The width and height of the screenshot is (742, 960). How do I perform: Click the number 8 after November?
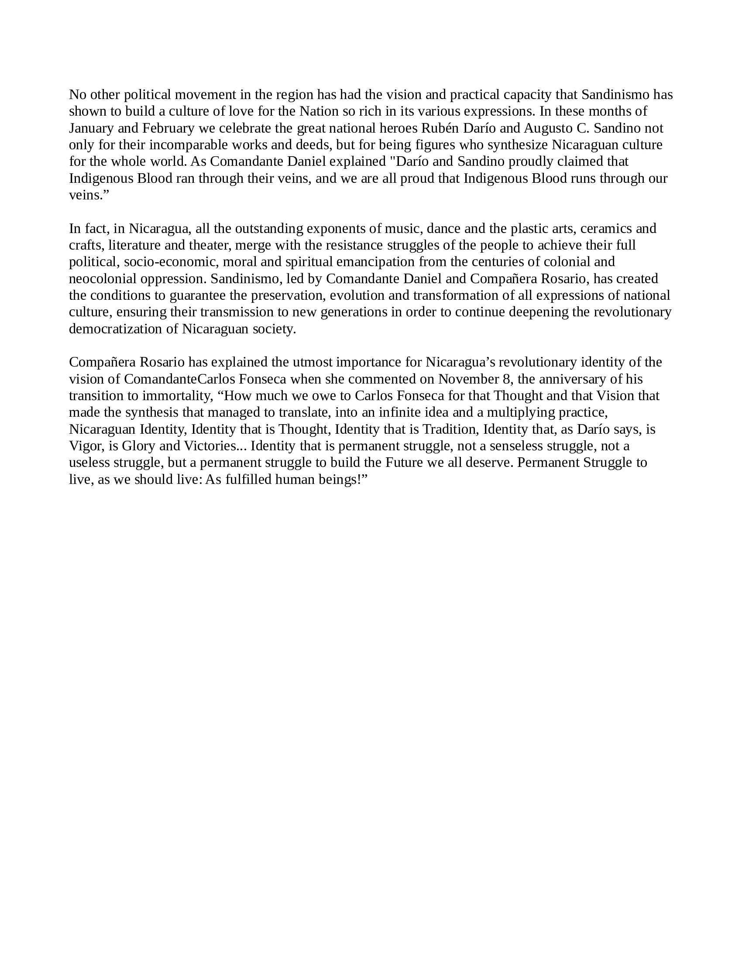coord(506,379)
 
